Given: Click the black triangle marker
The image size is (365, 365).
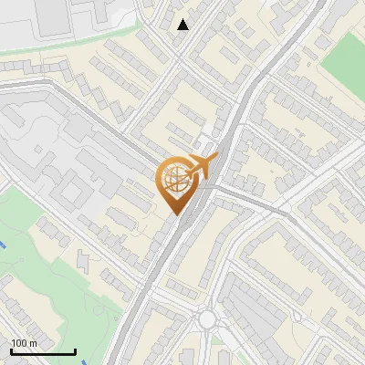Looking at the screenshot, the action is point(183,25).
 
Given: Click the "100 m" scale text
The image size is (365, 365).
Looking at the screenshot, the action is point(24,342).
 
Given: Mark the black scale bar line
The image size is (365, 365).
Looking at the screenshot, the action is point(43,351).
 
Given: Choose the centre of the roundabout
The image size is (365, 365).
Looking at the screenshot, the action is point(208,319).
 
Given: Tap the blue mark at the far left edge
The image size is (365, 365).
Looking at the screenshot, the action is point(3,245).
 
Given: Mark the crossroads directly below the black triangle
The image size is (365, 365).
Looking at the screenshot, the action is point(180,58).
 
